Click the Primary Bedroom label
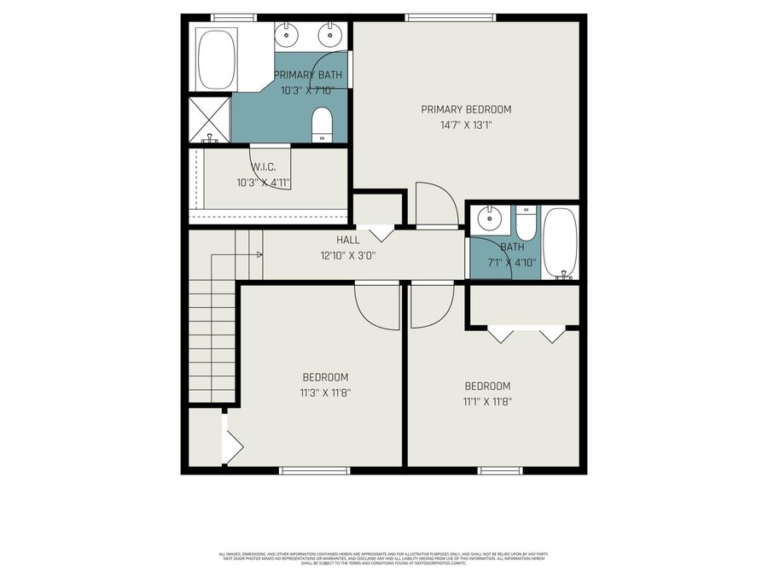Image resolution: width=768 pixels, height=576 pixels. pyautogui.click(x=466, y=109)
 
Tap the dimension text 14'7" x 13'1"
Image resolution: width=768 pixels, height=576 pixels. pyautogui.click(x=466, y=125)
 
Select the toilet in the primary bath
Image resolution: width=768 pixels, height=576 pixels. pyautogui.click(x=322, y=124)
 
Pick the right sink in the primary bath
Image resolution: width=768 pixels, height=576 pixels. pyautogui.click(x=329, y=36)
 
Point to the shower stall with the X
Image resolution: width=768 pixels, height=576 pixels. pyautogui.click(x=209, y=119)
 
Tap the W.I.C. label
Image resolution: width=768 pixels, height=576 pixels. pyautogui.click(x=262, y=167)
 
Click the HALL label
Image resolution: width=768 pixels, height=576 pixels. pyautogui.click(x=323, y=241)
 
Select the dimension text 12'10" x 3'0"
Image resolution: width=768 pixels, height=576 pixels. pyautogui.click(x=347, y=255)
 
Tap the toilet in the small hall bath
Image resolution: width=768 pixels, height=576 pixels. pyautogui.click(x=526, y=224)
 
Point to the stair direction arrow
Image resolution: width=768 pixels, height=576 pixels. pyautogui.click(x=255, y=253)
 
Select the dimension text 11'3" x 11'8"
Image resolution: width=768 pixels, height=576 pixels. pyautogui.click(x=325, y=393)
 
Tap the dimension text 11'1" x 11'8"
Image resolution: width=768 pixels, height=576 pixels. pyautogui.click(x=487, y=401)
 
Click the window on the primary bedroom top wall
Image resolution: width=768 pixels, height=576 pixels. pyautogui.click(x=450, y=16)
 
